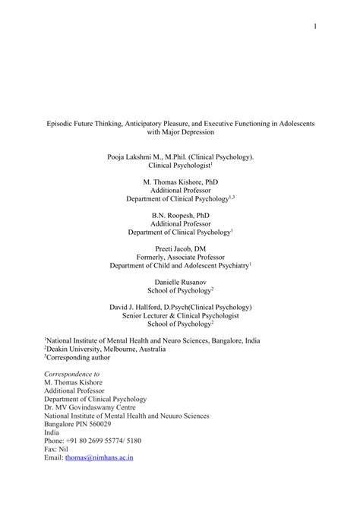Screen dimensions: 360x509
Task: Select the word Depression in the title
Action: pyautogui.click(x=197, y=132)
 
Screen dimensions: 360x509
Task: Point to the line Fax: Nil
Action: pyautogui.click(x=58, y=448)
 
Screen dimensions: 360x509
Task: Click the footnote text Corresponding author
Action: pyautogui.click(x=78, y=355)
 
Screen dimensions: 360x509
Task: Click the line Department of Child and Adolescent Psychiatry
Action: pyautogui.click(x=179, y=267)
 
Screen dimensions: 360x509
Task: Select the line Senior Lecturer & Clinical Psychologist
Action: pyautogui.click(x=179, y=316)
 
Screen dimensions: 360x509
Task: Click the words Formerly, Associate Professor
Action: pyautogui.click(x=180, y=258)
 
